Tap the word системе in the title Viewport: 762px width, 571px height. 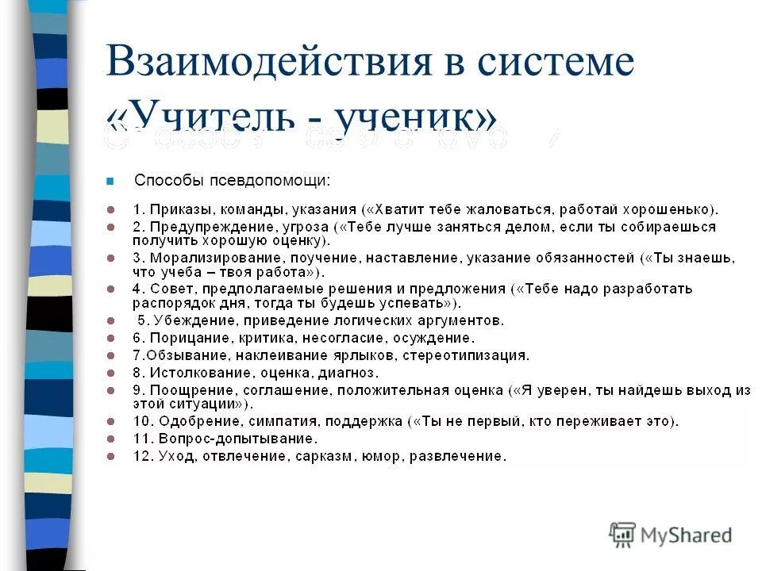[560, 63]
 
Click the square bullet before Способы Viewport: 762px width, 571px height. [111, 181]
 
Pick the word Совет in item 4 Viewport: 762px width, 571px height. [165, 289]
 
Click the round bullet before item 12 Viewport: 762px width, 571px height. [112, 456]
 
